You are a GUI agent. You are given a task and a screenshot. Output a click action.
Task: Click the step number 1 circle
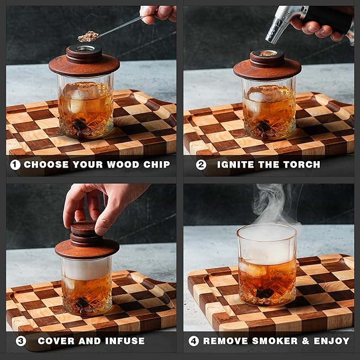[15, 164]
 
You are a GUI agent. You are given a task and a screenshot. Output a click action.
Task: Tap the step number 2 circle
[201, 164]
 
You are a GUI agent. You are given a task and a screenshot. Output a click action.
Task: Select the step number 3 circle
[21, 340]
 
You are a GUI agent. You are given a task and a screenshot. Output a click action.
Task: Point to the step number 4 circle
[194, 340]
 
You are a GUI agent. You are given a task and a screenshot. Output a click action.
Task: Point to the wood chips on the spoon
[88, 36]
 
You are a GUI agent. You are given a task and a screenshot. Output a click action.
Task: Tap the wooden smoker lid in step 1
[84, 64]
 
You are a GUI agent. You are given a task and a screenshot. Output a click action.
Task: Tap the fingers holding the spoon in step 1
[158, 13]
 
